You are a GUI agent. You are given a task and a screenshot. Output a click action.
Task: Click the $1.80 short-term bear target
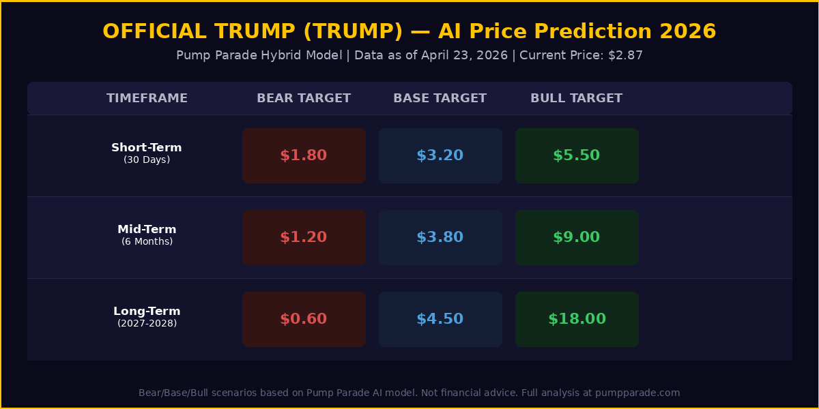304,155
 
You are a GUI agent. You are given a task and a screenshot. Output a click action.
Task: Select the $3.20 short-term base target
440,155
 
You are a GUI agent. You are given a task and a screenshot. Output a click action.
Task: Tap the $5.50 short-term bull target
577,155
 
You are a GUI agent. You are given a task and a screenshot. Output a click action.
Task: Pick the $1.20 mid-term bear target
304,237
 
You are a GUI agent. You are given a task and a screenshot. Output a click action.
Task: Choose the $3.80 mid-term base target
440,237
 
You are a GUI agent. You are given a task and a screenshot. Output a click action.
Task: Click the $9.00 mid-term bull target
577,237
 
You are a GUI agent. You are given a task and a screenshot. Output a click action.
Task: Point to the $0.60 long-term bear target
304,319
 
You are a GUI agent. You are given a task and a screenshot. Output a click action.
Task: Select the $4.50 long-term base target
440,319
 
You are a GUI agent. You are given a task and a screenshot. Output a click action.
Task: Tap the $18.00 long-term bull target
577,319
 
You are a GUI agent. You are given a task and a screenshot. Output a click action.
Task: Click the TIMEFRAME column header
147,98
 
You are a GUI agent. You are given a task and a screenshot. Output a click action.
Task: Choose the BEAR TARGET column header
304,98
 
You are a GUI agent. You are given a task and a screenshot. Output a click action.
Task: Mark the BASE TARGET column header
440,98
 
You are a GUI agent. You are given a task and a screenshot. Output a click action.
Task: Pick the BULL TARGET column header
577,98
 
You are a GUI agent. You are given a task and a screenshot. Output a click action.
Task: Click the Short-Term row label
147,148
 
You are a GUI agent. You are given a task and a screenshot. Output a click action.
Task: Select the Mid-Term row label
147,230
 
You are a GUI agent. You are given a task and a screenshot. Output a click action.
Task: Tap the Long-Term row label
147,312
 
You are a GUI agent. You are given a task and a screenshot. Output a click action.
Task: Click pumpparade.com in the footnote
637,393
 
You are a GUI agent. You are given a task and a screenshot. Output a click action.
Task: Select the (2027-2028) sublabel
147,323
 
